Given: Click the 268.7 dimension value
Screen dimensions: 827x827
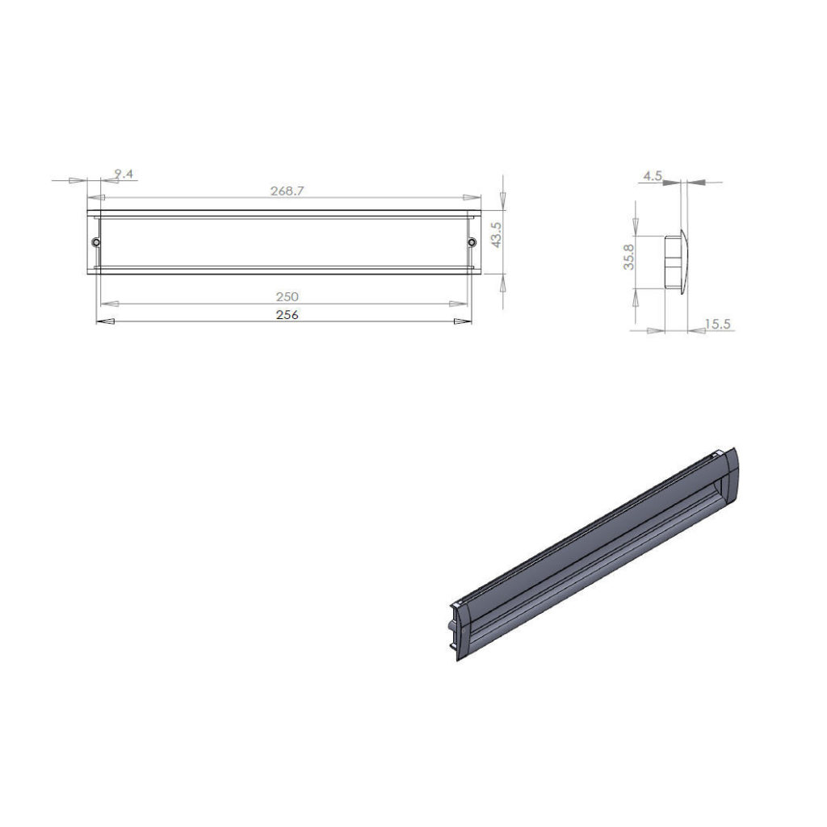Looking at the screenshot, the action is point(288,191).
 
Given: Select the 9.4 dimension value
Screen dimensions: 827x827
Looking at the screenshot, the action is point(124,174).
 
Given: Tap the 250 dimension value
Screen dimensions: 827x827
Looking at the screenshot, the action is point(288,297).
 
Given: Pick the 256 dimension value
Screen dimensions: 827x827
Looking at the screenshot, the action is point(288,315).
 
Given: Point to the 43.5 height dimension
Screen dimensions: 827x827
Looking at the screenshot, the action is point(497,234).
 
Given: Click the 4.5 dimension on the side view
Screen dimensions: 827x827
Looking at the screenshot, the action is point(653,176).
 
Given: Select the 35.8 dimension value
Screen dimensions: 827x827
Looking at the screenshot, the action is point(628,257).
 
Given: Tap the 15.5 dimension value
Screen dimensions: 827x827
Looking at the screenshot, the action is point(718,324).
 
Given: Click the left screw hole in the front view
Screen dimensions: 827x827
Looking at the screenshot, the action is point(96,242).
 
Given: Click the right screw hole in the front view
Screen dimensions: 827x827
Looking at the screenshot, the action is point(472,242).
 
